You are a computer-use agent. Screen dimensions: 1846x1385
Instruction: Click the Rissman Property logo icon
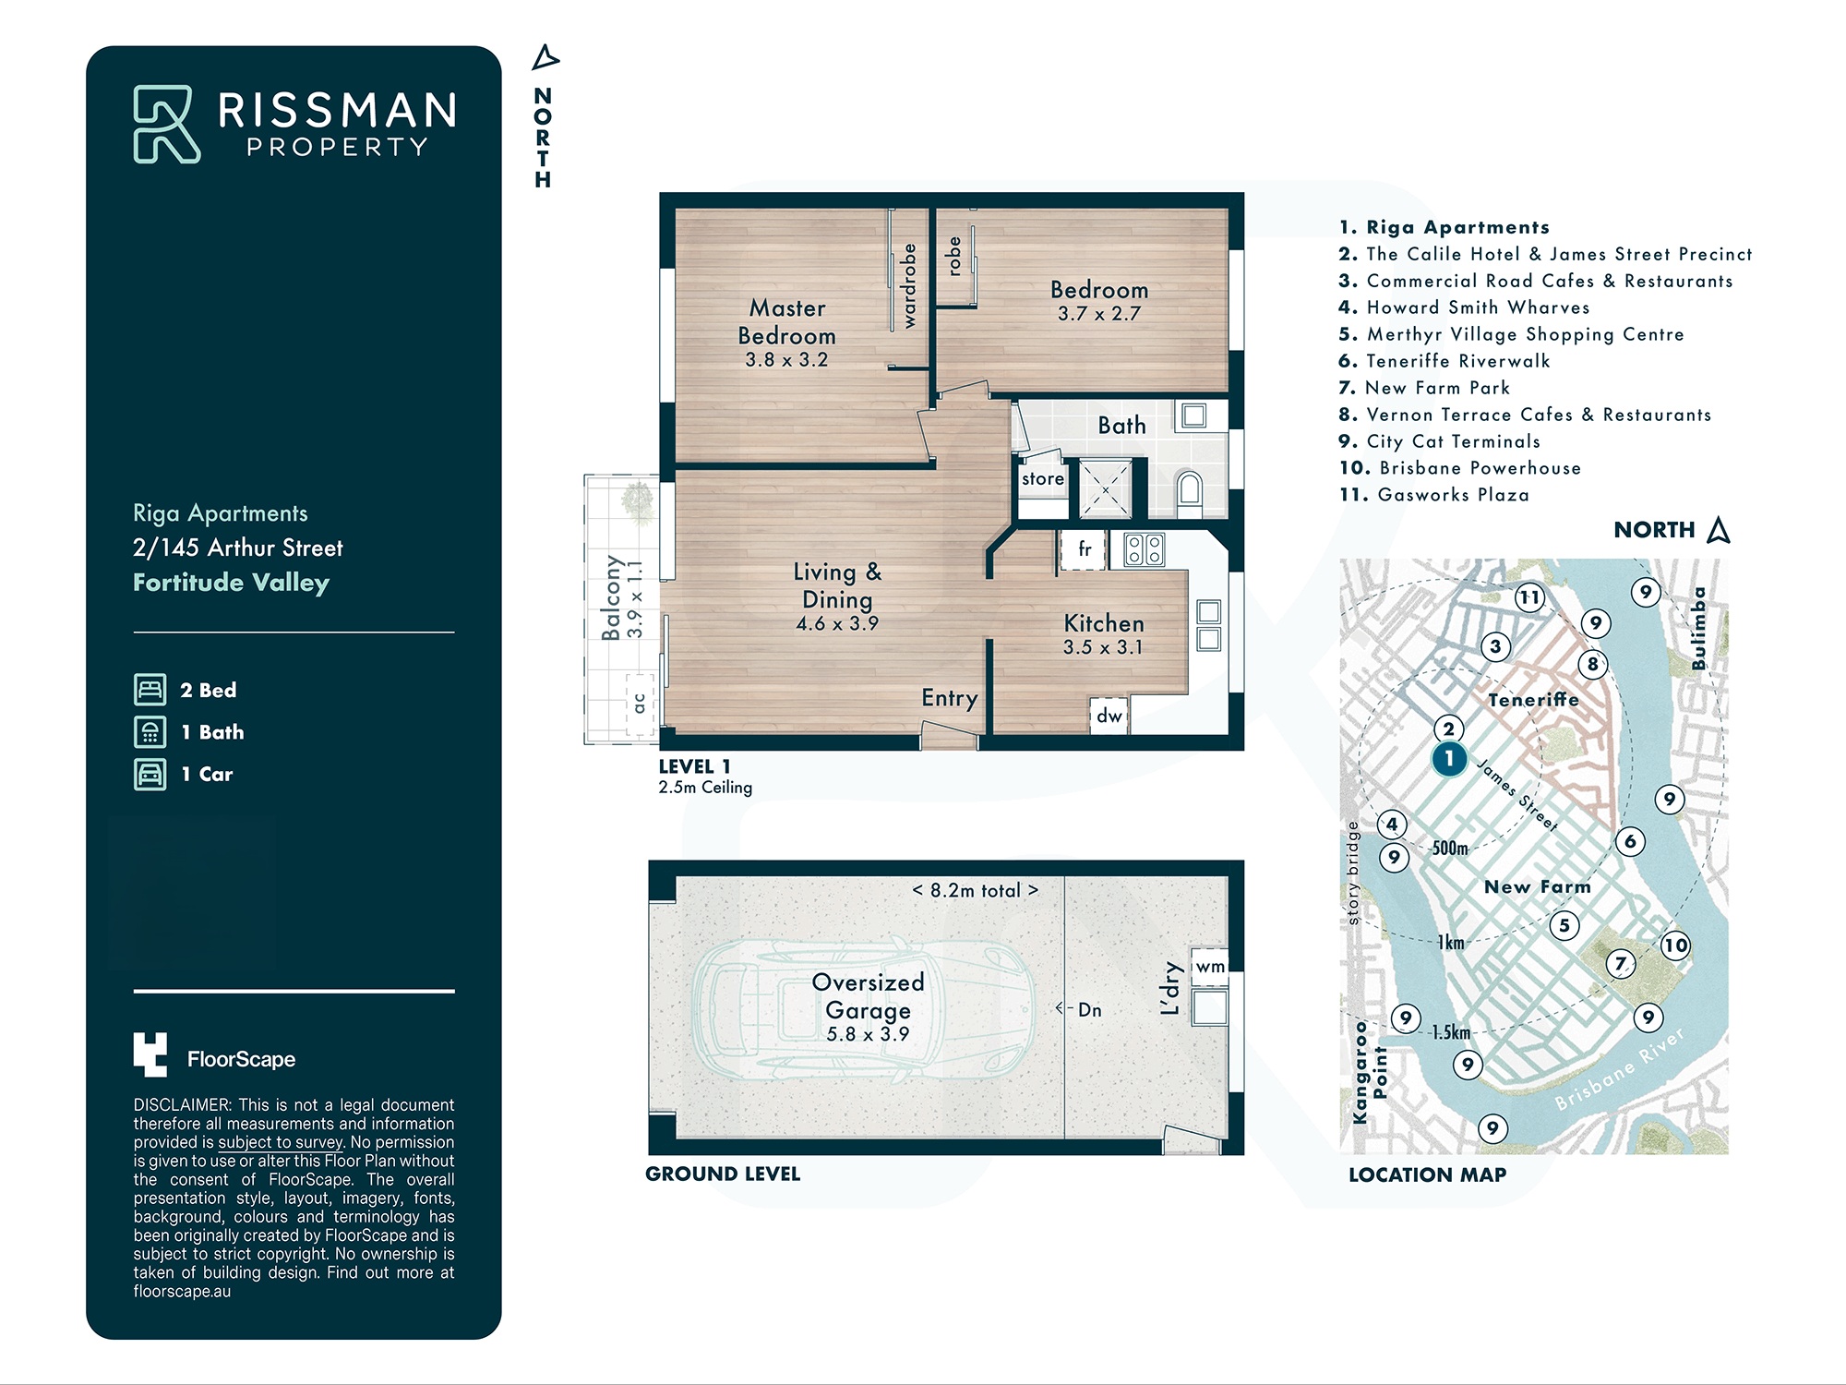point(167,124)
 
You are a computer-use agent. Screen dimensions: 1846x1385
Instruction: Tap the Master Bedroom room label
point(787,321)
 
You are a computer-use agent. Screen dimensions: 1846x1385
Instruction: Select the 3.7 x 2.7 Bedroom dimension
point(1099,314)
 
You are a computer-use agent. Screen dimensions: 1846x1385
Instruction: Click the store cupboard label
point(1043,478)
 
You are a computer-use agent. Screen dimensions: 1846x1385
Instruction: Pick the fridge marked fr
point(1085,550)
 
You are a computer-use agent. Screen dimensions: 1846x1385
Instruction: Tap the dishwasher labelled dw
point(1109,716)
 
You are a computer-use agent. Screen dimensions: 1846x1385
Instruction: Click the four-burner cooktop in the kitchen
point(1145,550)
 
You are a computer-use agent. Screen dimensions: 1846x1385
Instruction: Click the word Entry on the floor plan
point(949,698)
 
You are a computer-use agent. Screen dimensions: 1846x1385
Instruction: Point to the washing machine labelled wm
point(1210,967)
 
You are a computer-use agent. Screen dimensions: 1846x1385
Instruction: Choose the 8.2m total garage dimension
point(976,890)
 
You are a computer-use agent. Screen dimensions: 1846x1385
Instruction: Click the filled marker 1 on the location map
point(1449,759)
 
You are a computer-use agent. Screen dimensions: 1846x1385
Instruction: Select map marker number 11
point(1530,597)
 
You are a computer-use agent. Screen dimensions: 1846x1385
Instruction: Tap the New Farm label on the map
point(1538,887)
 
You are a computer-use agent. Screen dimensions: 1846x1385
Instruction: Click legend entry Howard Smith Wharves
point(1465,307)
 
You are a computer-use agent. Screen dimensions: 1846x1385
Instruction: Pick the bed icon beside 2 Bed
point(150,690)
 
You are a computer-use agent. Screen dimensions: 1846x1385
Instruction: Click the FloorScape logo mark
point(150,1054)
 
